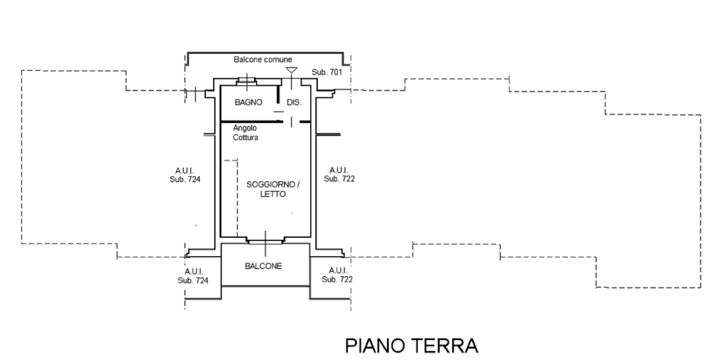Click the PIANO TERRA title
tap(412, 346)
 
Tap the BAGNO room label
tap(248, 102)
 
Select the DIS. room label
tap(294, 102)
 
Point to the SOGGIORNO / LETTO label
tap(273, 189)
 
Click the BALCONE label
tap(263, 266)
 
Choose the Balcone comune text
tap(263, 60)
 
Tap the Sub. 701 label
tap(327, 72)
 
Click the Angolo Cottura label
tap(245, 133)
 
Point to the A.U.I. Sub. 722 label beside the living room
tap(339, 175)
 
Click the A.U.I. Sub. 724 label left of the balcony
tap(193, 276)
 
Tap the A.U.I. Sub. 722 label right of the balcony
tap(337, 276)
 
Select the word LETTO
tap(273, 194)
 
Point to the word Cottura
tap(245, 138)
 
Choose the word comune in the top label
tap(278, 60)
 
